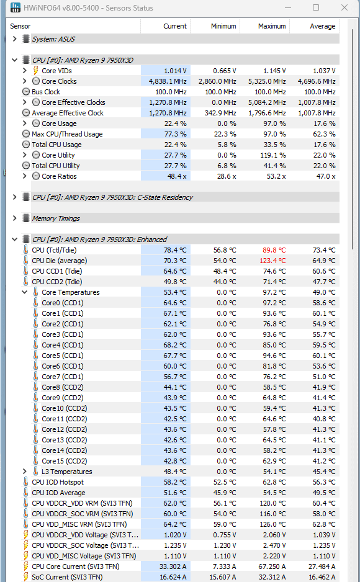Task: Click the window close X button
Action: (344, 7)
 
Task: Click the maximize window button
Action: (316, 7)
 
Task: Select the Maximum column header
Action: (272, 26)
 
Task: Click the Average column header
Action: (323, 26)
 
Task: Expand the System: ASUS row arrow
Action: (14, 38)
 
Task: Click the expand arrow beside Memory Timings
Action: (14, 218)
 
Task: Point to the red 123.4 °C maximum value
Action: (272, 261)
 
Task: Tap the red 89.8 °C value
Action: (274, 250)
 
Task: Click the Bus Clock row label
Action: (46, 92)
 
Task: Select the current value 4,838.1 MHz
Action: (168, 81)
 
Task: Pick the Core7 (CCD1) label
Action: (63, 377)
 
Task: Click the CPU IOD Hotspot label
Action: (58, 482)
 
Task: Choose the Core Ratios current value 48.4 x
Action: (177, 176)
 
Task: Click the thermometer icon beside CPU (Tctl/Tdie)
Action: (25, 250)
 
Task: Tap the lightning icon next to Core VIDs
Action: (35, 71)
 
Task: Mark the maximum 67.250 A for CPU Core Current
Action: (272, 566)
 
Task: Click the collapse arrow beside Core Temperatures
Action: (24, 292)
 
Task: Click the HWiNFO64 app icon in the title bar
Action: (16, 7)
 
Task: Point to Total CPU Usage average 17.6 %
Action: (325, 145)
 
